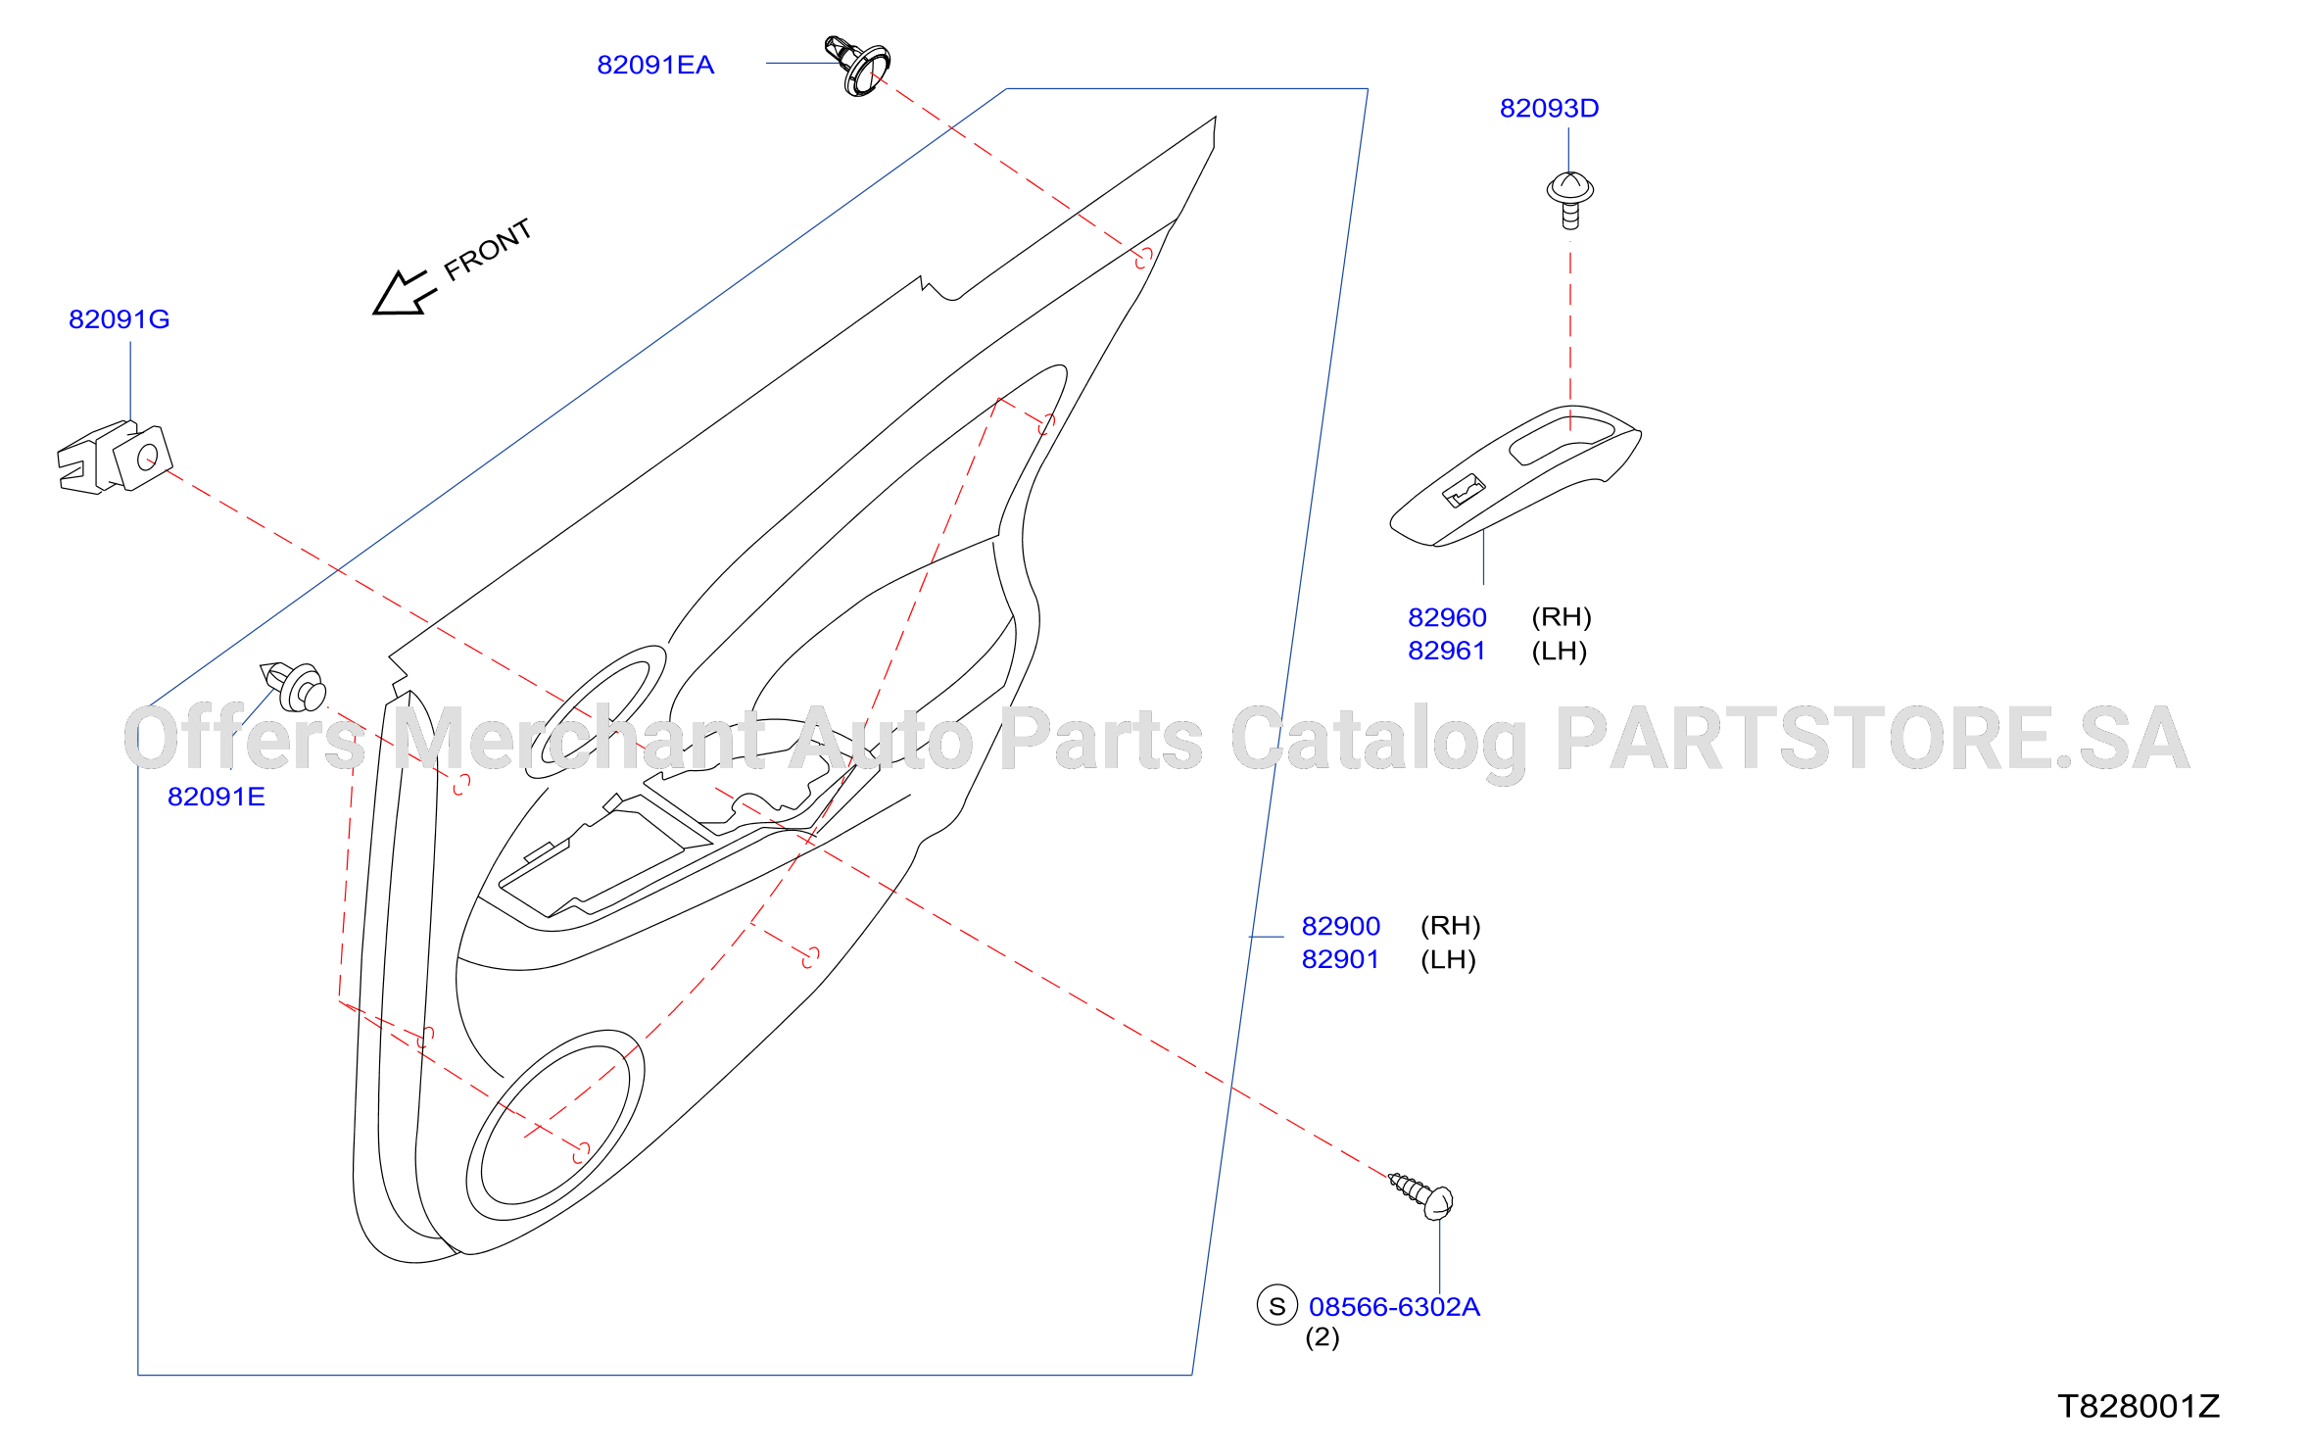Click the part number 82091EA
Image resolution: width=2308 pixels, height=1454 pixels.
(655, 65)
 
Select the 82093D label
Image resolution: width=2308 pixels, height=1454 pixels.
(1549, 108)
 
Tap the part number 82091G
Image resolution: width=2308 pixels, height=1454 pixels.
(119, 319)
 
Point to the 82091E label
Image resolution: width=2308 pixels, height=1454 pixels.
(216, 797)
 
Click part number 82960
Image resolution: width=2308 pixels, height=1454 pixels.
(1447, 617)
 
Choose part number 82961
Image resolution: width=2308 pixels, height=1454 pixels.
(1447, 651)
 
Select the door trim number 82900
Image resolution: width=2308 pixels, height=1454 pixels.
(1340, 926)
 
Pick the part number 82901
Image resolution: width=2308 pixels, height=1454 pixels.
(1340, 959)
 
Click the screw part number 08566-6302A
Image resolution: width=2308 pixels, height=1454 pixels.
(1394, 1307)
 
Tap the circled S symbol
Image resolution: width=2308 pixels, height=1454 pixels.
(1276, 1305)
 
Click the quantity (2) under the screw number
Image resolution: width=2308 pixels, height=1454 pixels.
(1322, 1337)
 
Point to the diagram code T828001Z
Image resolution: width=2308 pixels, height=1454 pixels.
(2138, 1407)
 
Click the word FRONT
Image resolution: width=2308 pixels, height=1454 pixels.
(488, 250)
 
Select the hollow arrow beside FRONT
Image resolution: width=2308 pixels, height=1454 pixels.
(404, 293)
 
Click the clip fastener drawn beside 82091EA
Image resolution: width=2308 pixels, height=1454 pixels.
(857, 66)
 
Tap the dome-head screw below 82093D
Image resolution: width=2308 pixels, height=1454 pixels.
(1569, 200)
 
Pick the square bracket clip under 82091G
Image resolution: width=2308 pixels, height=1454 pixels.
(115, 458)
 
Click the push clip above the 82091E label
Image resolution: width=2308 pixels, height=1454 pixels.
(293, 686)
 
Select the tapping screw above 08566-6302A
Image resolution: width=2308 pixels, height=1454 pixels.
(1421, 1195)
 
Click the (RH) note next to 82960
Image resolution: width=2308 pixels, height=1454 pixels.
(1562, 617)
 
